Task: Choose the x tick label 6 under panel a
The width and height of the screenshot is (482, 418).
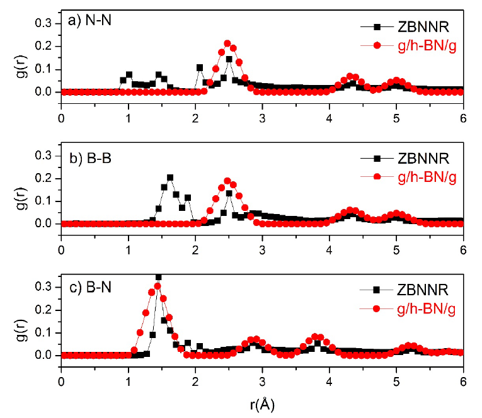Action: click(x=463, y=116)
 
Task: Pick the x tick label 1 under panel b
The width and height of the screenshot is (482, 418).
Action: click(x=128, y=248)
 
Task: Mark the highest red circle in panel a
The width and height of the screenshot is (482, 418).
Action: click(x=227, y=43)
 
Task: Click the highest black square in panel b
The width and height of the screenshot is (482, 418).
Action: click(x=170, y=178)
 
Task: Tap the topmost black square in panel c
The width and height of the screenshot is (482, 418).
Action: click(x=159, y=277)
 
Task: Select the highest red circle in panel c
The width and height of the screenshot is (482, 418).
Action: click(x=158, y=286)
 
